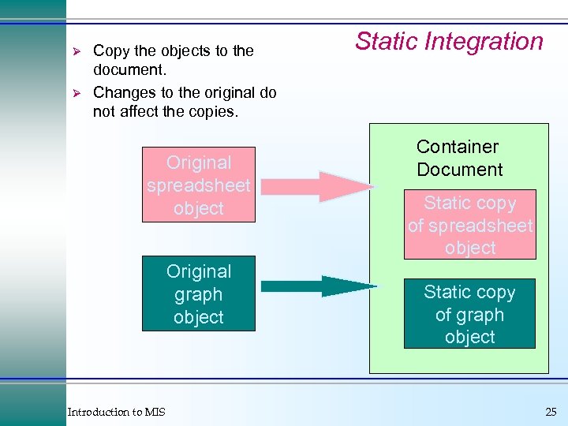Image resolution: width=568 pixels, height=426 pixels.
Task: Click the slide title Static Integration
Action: click(x=449, y=41)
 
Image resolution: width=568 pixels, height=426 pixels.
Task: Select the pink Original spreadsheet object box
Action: click(x=199, y=185)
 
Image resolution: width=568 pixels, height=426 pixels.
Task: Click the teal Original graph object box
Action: click(x=199, y=293)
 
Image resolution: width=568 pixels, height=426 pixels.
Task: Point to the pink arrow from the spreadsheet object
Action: click(x=316, y=187)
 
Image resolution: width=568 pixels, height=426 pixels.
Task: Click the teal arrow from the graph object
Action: click(x=316, y=286)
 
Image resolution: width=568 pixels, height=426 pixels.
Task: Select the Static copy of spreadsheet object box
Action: click(x=470, y=225)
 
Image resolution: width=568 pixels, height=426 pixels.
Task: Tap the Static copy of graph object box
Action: click(x=469, y=313)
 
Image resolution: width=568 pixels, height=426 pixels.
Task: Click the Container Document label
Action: click(x=458, y=158)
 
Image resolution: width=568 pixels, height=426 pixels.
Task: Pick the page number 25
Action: click(x=550, y=412)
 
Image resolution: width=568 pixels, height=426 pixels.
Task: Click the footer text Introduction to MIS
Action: click(x=116, y=412)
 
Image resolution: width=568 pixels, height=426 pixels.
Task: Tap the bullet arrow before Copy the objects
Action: click(x=77, y=50)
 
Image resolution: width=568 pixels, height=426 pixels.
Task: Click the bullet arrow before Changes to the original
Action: click(x=77, y=92)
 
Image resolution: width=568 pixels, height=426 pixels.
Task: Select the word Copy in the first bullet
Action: click(x=111, y=50)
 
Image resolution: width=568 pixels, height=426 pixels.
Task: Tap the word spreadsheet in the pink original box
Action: click(x=199, y=185)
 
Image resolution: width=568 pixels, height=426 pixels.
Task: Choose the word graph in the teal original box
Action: click(x=199, y=294)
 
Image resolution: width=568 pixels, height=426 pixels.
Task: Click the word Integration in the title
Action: click(x=488, y=41)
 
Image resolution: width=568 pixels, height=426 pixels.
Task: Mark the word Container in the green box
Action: click(x=458, y=147)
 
